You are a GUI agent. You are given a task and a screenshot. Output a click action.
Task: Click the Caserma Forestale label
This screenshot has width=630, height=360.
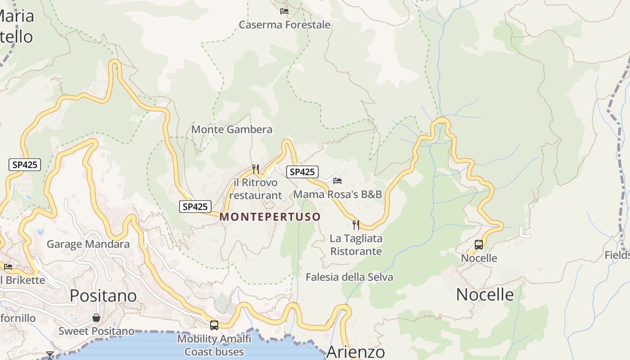284,25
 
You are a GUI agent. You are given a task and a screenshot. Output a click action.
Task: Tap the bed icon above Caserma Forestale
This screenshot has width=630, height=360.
284,11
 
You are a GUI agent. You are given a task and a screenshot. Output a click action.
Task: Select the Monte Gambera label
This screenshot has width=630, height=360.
232,130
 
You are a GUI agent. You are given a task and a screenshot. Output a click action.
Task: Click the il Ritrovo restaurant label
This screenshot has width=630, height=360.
256,189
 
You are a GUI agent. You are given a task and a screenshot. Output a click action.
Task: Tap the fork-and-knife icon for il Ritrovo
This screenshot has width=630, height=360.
256,169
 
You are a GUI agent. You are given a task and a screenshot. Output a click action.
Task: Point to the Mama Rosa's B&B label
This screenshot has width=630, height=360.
337,194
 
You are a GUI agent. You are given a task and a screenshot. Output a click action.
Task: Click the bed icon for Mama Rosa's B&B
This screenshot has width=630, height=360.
337,181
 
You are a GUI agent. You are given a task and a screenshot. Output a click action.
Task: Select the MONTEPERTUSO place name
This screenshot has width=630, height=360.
270,217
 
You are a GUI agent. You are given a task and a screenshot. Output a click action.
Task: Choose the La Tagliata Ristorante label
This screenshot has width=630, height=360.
356,245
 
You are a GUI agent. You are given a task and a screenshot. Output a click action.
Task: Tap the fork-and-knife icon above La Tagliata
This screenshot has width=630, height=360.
356,225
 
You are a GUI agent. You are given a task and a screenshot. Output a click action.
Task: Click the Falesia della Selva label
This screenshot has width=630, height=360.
349,277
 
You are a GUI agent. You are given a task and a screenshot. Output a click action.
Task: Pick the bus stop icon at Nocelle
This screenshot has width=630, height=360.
479,245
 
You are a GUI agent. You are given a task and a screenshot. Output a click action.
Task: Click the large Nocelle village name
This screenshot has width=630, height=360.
485,295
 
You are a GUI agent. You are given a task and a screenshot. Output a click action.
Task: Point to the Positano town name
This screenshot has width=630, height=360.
103,296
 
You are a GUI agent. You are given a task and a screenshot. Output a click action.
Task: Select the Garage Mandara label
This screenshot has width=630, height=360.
88,244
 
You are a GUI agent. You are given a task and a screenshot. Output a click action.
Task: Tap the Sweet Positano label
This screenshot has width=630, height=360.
96,331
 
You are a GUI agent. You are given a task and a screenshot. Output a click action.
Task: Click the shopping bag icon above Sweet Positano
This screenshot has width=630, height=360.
96,318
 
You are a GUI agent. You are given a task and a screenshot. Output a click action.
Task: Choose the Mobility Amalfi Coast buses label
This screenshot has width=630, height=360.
214,345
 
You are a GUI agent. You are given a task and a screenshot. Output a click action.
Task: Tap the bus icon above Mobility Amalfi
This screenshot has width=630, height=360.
214,325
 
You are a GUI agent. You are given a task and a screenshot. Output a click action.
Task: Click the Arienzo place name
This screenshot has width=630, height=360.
355,352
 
